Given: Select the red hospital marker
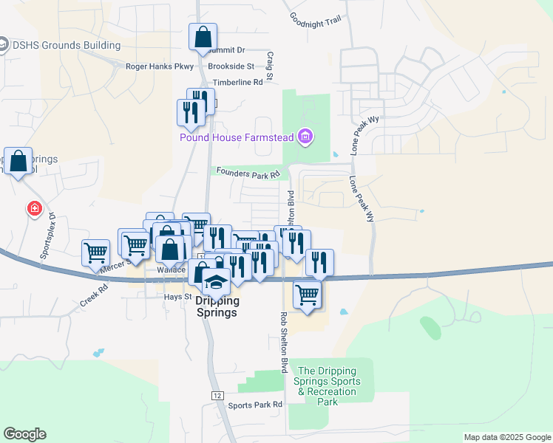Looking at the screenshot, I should [x=34, y=209].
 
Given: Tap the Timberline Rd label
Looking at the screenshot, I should [x=237, y=83].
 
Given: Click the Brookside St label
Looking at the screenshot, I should [x=231, y=66].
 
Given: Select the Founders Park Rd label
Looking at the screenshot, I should [x=248, y=172].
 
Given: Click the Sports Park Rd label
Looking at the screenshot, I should [x=255, y=405].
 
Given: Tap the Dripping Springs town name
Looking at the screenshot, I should [x=217, y=306].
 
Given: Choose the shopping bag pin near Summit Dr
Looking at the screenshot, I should [x=202, y=38].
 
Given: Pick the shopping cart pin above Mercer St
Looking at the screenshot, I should [x=96, y=253].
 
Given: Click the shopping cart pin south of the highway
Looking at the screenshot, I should [x=307, y=294].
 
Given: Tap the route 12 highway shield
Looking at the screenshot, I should [x=217, y=396].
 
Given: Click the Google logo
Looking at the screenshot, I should [x=24, y=434].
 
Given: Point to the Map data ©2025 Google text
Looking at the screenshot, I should [x=506, y=437].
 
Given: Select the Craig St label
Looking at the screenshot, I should [x=270, y=66].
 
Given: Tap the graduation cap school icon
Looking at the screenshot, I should [x=216, y=283].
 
